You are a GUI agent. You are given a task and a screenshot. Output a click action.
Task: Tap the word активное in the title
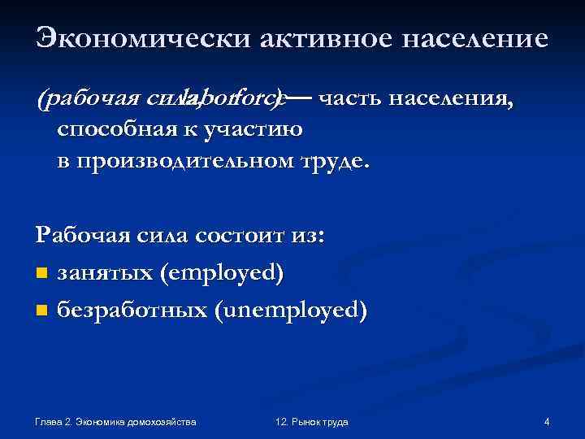click(x=305, y=39)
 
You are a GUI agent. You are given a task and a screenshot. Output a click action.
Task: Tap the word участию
click(x=258, y=130)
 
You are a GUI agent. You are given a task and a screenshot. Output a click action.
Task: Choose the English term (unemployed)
click(x=290, y=310)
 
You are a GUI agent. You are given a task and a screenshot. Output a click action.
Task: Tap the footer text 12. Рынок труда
click(x=312, y=422)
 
